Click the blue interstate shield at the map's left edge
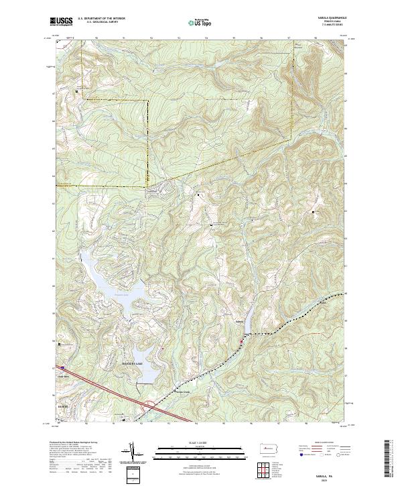coord(61,367)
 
